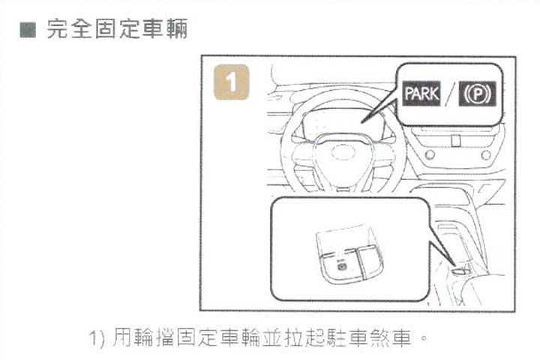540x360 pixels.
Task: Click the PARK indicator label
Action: [x=421, y=93]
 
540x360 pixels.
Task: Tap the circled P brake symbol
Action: [x=477, y=94]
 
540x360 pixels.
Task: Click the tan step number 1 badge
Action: [x=232, y=82]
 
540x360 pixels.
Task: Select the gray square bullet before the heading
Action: [x=28, y=30]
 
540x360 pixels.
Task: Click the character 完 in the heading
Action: [x=57, y=29]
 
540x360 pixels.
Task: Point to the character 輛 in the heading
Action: [x=177, y=29]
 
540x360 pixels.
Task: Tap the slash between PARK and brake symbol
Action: [x=450, y=94]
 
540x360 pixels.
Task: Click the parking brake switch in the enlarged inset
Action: [x=342, y=266]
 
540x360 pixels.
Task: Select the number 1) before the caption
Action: [x=97, y=338]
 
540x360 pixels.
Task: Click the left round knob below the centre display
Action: [x=430, y=154]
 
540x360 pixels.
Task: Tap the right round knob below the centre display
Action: [x=486, y=155]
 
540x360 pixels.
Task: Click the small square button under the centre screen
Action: [x=456, y=140]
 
